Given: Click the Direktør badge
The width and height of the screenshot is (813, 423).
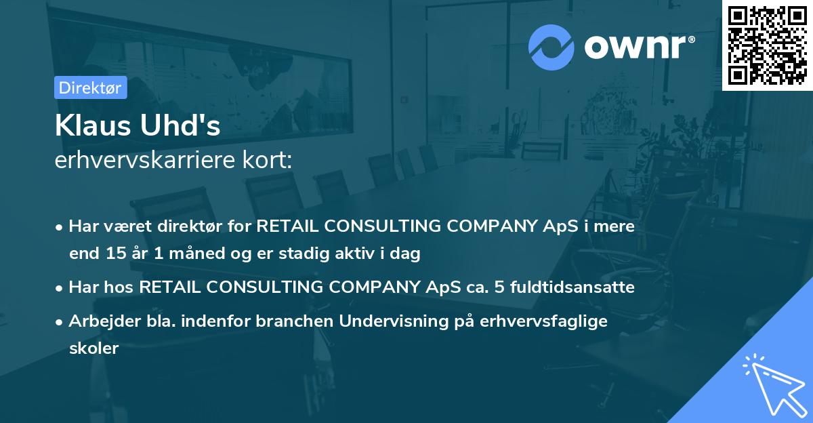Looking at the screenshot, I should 90,87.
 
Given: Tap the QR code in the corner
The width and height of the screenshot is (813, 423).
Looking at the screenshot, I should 768,45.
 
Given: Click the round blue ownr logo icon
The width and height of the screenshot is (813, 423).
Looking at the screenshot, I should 551,47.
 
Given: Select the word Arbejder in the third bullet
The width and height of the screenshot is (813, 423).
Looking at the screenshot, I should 97,321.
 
